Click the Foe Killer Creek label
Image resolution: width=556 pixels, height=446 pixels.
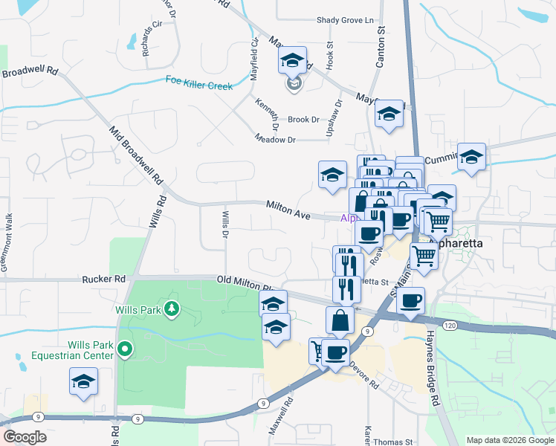198,85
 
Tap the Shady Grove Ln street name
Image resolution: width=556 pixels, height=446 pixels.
344,21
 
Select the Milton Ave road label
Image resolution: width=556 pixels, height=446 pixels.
288,209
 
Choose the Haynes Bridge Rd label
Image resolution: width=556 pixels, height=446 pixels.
436,369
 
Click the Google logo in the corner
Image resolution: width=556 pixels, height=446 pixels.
25,437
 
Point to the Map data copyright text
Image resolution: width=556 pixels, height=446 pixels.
509,440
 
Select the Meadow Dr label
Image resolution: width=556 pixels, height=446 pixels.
275,139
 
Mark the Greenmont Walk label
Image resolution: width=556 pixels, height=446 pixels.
9,242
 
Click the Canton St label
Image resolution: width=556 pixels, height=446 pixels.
381,48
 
